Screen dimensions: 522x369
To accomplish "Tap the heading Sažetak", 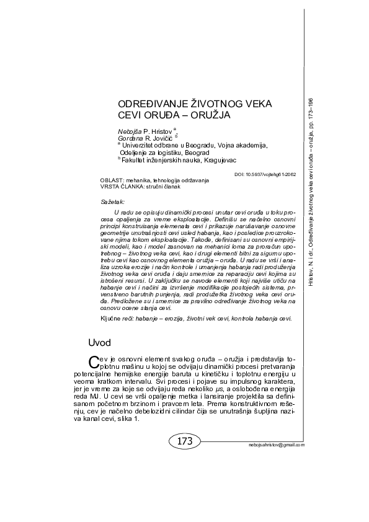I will click(112, 201).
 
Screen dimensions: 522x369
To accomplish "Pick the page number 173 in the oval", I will click(185, 441).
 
